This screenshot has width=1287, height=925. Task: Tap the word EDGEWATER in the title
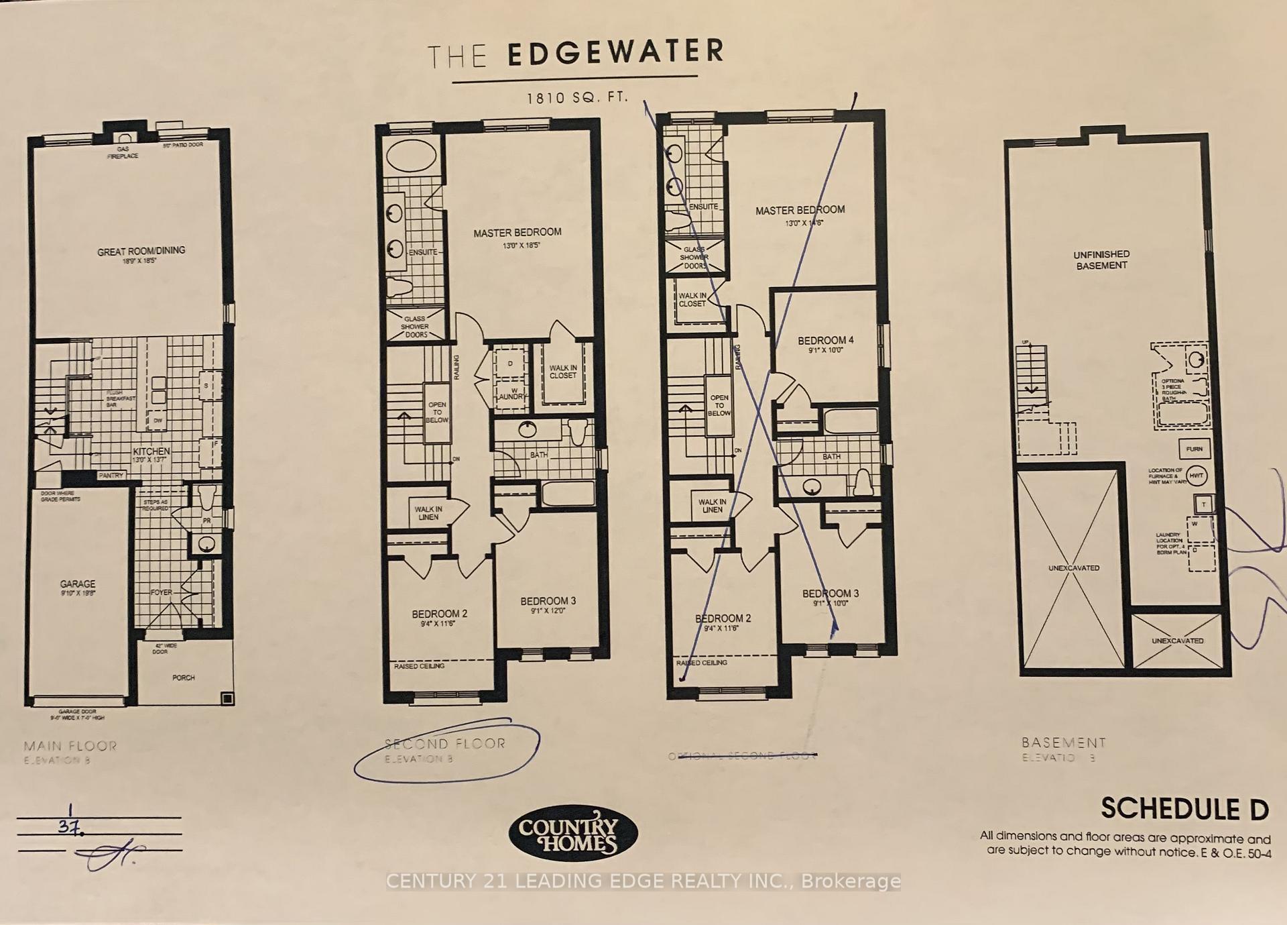(615, 53)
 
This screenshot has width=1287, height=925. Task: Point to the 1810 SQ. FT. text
(577, 98)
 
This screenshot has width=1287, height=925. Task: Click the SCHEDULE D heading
(1184, 809)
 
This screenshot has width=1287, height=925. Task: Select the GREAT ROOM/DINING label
(141, 252)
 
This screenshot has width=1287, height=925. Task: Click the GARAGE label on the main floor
(78, 584)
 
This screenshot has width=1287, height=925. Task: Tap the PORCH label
(184, 677)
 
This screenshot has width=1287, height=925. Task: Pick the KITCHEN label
(151, 451)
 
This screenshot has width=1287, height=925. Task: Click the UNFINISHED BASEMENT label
(1101, 260)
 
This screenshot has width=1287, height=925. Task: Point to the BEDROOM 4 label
(826, 340)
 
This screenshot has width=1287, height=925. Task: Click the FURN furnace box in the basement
(1194, 449)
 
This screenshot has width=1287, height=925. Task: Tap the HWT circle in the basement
(1197, 476)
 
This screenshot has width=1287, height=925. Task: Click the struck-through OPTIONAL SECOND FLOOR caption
(742, 756)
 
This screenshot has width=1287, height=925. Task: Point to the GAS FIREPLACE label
(123, 152)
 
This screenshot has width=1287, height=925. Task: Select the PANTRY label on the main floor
(111, 476)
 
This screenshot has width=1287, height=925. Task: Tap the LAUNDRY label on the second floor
(512, 397)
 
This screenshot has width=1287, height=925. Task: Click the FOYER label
(161, 592)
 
